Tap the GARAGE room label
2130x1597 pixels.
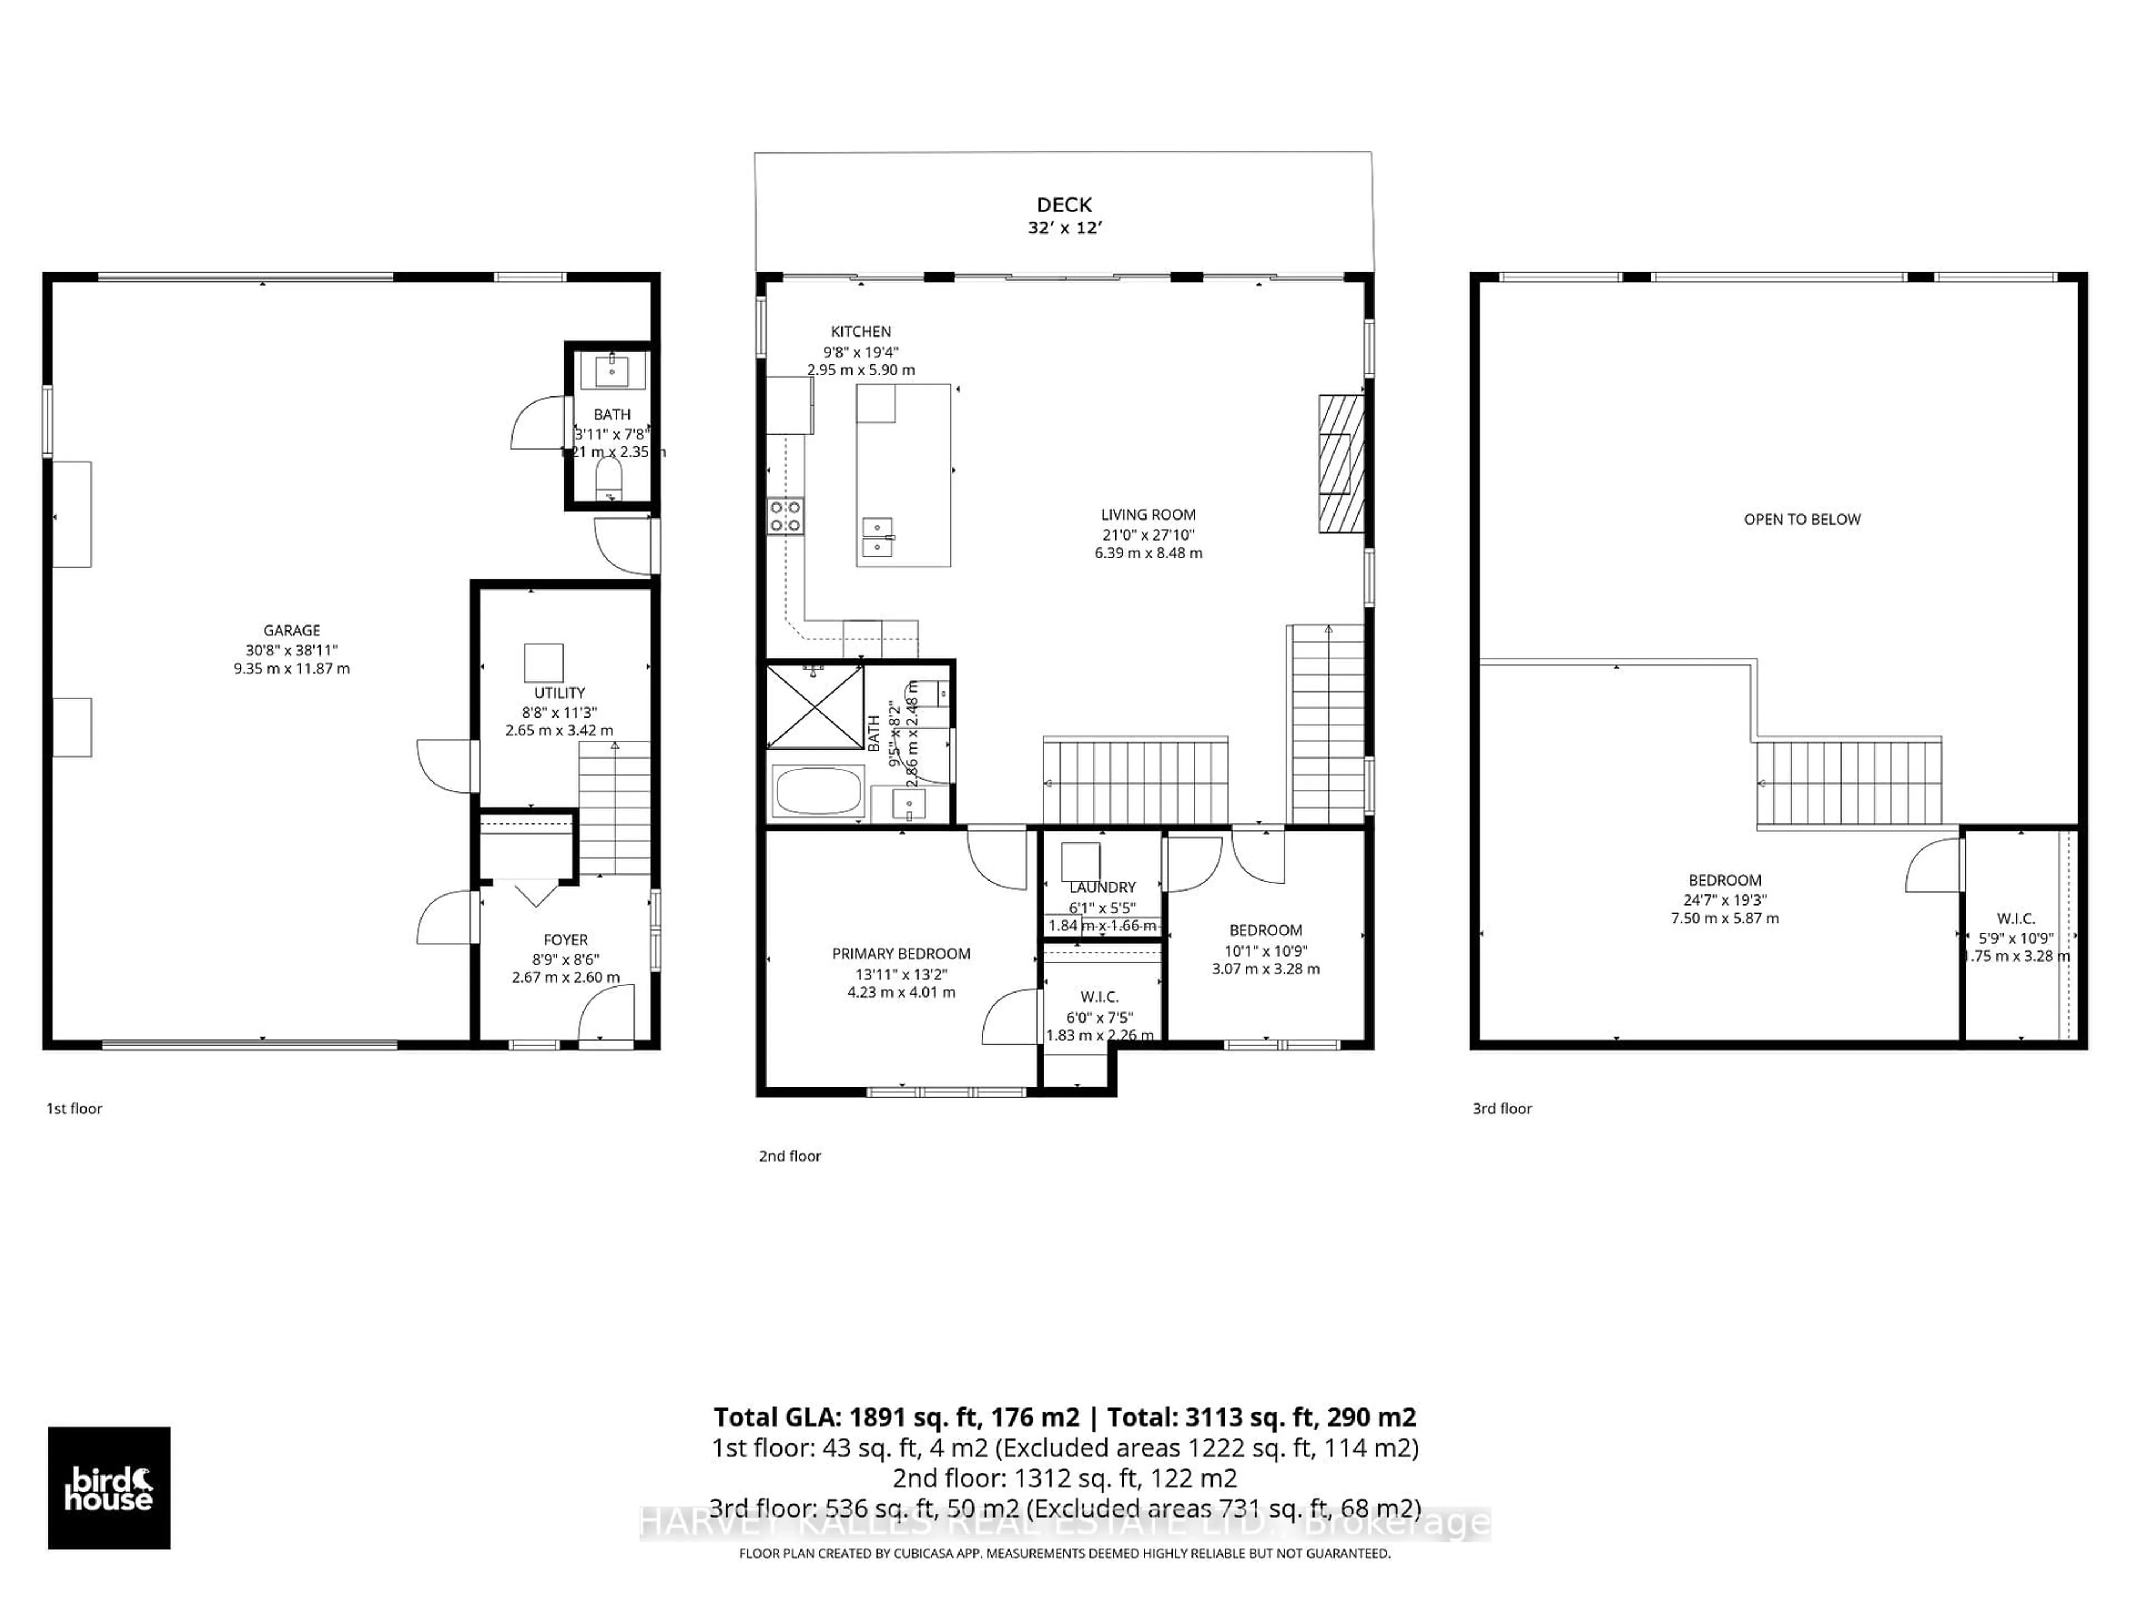pyautogui.click(x=292, y=630)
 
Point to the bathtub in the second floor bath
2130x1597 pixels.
pyautogui.click(x=819, y=790)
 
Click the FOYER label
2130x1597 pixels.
pyautogui.click(x=565, y=939)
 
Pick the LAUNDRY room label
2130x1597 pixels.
pyautogui.click(x=1103, y=887)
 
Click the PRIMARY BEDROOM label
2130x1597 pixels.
pyautogui.click(x=901, y=953)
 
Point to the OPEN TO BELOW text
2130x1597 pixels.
pyautogui.click(x=1802, y=519)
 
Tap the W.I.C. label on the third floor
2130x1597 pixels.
pyautogui.click(x=2015, y=918)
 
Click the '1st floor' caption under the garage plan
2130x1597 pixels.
pyautogui.click(x=74, y=1108)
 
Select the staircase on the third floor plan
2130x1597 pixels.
pyautogui.click(x=1848, y=782)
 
